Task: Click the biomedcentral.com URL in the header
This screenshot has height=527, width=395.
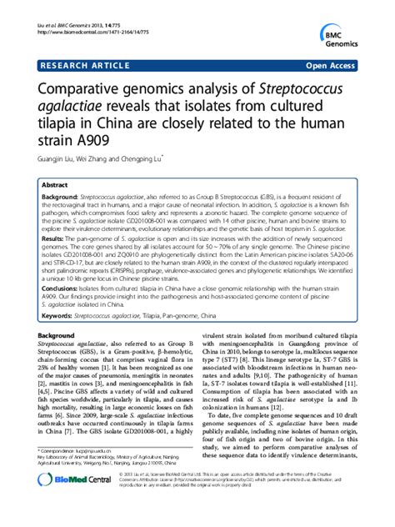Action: tap(81, 14)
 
